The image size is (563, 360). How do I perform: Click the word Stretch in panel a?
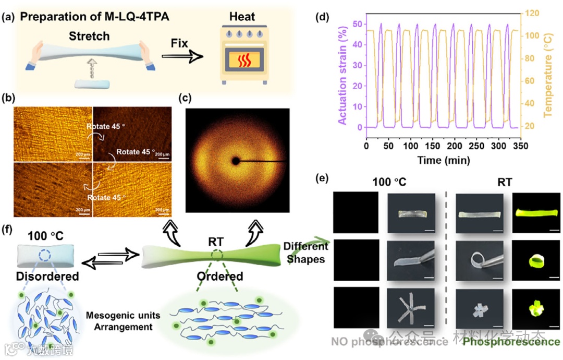coord(89,36)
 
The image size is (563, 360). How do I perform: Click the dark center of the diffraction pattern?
coord(236,162)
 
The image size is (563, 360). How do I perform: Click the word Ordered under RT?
coord(219,276)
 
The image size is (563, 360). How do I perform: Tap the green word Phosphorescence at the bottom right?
coord(511,342)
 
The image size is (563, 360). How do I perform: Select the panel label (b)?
coord(7,98)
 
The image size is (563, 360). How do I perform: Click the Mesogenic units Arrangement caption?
coord(123,321)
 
